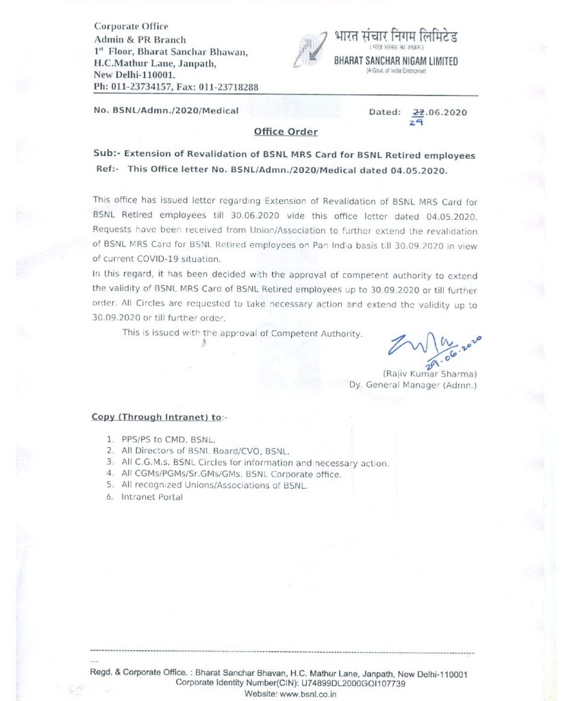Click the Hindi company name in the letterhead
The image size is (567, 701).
396,36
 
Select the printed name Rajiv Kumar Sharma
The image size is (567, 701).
429,374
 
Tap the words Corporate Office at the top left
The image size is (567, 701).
131,27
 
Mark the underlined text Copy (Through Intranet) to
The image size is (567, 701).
156,417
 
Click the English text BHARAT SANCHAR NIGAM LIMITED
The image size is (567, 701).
396,62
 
